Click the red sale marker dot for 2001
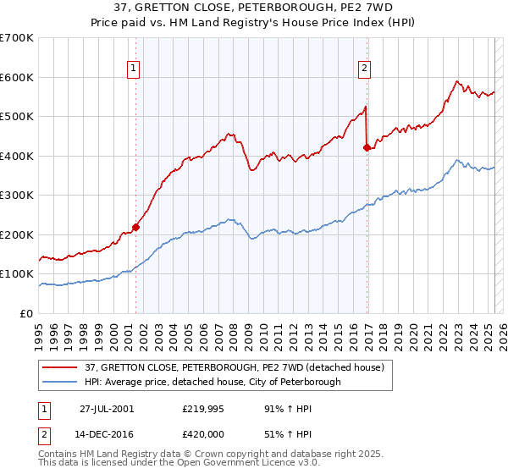(135, 227)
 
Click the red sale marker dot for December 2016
(367, 148)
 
